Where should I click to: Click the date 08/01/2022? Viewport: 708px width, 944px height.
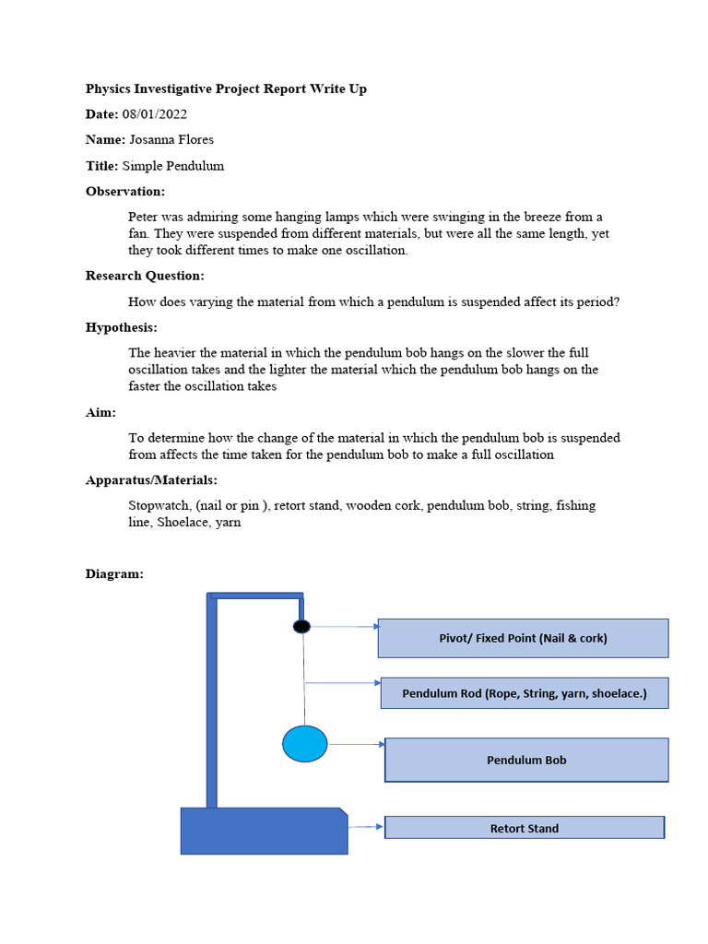click(155, 114)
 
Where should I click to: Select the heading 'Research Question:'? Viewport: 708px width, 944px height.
click(145, 276)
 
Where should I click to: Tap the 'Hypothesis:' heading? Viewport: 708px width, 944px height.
click(122, 327)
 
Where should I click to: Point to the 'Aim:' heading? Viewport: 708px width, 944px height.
click(100, 413)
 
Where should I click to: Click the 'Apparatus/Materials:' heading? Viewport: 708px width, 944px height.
click(151, 480)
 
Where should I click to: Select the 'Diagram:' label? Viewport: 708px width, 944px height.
click(114, 573)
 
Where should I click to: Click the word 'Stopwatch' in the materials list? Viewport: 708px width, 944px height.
click(159, 505)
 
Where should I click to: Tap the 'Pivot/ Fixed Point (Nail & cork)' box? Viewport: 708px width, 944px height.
click(523, 638)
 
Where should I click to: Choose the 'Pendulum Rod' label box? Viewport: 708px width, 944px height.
click(524, 693)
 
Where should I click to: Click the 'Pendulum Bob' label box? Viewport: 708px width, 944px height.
click(525, 760)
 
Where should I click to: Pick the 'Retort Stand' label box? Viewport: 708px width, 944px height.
click(524, 828)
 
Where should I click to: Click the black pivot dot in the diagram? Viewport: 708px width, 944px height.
click(301, 627)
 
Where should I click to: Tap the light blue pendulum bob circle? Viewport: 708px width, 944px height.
click(304, 744)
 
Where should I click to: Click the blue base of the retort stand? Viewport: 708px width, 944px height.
click(264, 831)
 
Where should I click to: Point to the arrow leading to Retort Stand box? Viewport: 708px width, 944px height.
click(366, 827)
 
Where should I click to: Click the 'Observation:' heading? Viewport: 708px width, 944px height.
click(125, 192)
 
